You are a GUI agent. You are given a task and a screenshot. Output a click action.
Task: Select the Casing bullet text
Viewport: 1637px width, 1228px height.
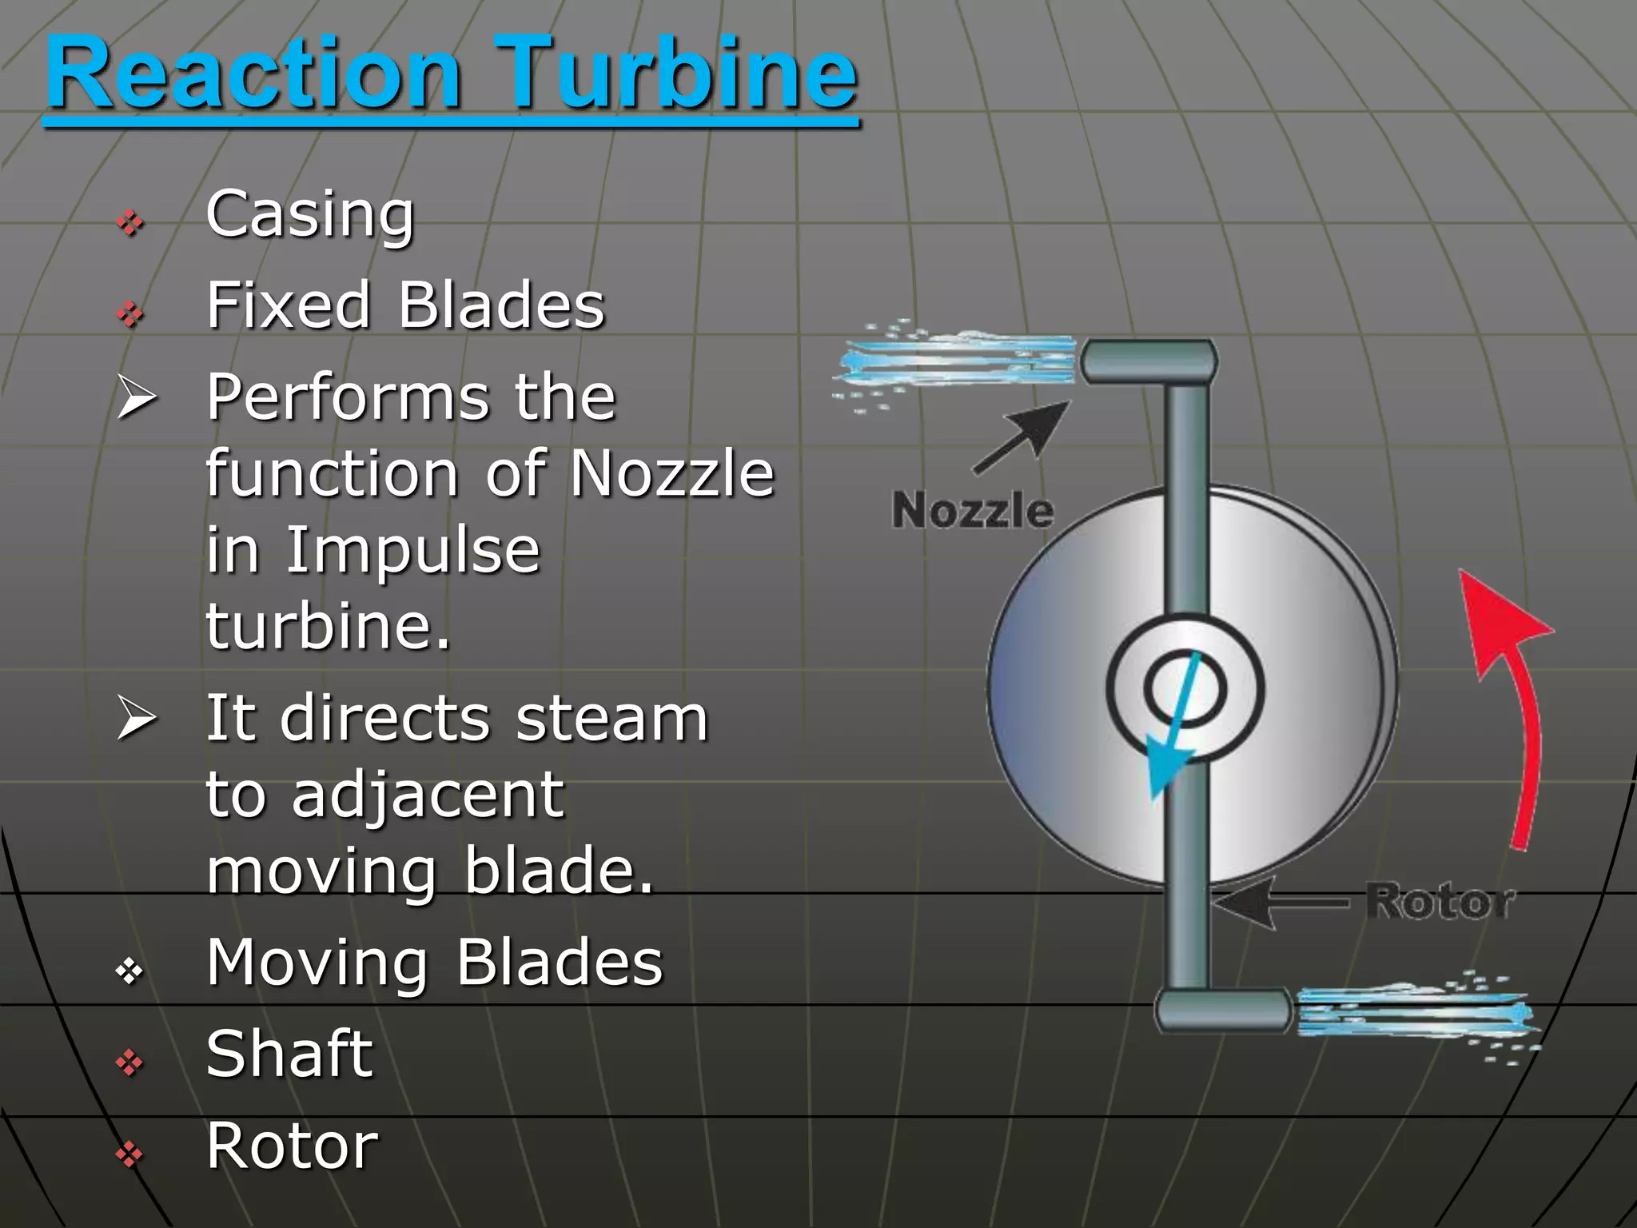coord(310,214)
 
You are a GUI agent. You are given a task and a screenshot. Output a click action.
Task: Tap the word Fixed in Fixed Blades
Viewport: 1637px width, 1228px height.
coord(289,305)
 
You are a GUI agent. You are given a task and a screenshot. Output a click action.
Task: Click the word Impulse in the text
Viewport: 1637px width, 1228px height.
coord(413,552)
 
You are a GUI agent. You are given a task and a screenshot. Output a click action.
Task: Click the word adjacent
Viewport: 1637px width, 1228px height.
coord(428,796)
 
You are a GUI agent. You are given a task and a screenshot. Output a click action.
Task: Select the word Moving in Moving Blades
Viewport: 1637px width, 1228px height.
coord(318,963)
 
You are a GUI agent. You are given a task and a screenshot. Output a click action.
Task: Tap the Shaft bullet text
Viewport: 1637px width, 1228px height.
coord(289,1054)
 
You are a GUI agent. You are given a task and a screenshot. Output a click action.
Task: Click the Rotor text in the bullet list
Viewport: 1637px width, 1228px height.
coord(292,1146)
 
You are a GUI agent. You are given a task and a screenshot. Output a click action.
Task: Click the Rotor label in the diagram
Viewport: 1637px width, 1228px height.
coord(1440,903)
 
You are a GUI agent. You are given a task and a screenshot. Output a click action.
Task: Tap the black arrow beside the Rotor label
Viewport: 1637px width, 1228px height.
coord(1279,903)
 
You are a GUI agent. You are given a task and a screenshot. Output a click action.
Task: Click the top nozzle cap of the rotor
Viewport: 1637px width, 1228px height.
coord(1149,361)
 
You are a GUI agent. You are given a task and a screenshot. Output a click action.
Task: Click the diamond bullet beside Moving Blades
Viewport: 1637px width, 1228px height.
coord(129,971)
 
